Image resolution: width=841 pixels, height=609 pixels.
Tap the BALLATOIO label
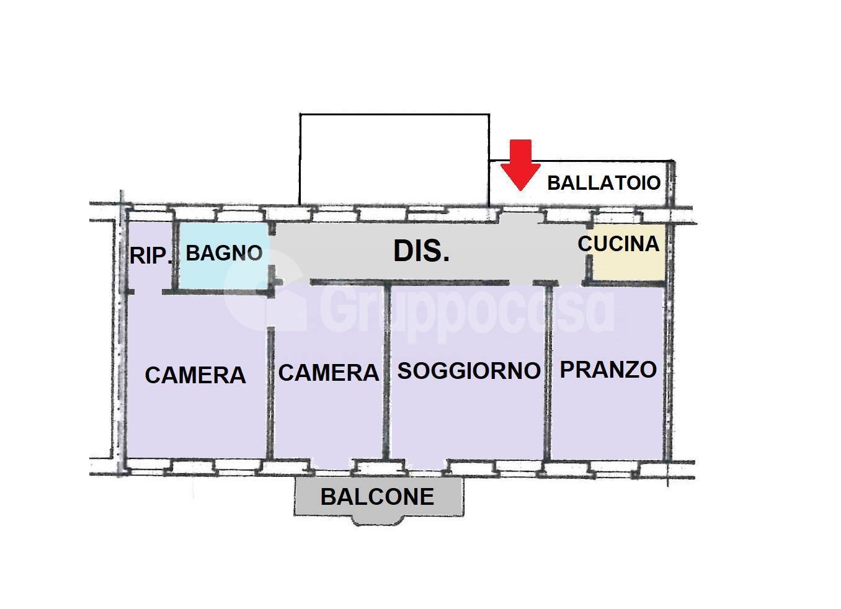[x=603, y=183]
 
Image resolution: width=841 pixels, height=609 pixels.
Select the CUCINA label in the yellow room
[x=618, y=244]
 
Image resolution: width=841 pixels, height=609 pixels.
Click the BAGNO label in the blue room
[x=224, y=253]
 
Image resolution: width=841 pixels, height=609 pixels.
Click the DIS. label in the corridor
[x=421, y=251]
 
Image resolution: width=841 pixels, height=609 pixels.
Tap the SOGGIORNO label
[x=469, y=371]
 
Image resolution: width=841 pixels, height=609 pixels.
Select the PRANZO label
[x=608, y=370]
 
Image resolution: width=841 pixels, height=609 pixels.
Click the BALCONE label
[x=377, y=497]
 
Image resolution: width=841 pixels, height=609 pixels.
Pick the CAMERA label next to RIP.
[x=195, y=375]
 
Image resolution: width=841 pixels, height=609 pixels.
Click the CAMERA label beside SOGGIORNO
[x=328, y=373]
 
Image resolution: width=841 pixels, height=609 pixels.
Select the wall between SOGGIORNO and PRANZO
[x=548, y=372]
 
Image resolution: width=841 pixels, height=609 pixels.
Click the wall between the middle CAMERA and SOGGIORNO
[x=387, y=372]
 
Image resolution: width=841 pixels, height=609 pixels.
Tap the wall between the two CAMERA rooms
[x=270, y=391]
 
